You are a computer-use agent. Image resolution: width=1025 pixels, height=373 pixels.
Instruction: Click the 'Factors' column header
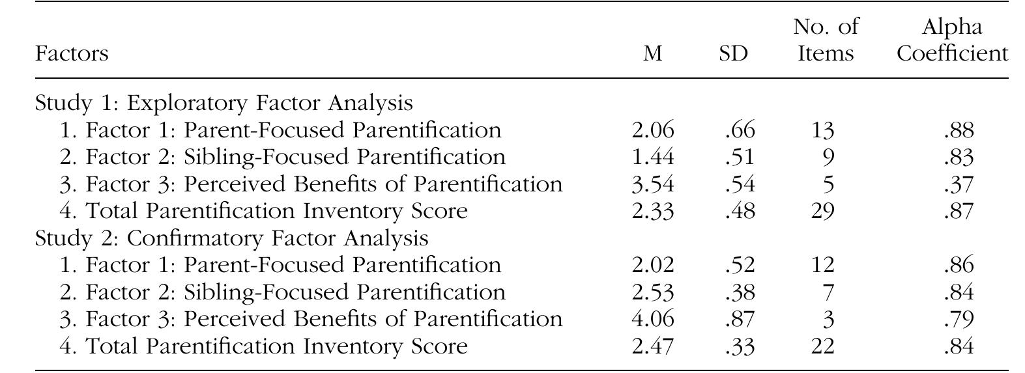pos(72,53)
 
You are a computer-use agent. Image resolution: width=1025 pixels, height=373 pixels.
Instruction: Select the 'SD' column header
pos(733,53)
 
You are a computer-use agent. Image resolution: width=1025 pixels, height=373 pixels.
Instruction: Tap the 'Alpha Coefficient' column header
pos(952,40)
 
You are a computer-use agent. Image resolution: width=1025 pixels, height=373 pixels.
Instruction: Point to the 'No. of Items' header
pos(826,40)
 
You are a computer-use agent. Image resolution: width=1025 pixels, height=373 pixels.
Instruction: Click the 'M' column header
pos(652,53)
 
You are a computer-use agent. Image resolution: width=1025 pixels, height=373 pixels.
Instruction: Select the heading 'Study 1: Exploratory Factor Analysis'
pos(224,103)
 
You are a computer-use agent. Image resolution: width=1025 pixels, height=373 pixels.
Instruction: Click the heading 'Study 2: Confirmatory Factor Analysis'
pos(231,238)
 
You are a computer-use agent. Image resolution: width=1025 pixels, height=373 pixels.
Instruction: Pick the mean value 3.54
pos(653,184)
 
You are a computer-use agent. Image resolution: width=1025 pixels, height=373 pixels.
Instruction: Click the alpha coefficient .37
pos(958,184)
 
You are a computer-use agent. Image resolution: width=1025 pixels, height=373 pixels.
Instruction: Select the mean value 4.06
pos(653,319)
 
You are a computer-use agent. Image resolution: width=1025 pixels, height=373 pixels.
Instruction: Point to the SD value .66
pos(740,130)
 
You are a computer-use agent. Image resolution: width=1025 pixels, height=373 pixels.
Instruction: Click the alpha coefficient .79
pos(958,319)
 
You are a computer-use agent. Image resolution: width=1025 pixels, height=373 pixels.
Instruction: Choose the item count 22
pos(822,346)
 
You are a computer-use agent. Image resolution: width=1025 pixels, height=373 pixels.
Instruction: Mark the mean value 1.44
pos(653,158)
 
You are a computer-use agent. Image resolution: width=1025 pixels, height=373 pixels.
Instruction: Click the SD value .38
pos(740,292)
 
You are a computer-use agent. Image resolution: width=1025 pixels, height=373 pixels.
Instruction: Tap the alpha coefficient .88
pos(958,130)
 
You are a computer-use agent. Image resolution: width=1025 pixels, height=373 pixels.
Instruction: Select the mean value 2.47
pos(653,346)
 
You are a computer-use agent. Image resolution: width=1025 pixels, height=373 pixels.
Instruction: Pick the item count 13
pos(822,130)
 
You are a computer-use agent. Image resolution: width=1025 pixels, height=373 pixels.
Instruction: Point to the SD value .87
pos(740,319)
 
